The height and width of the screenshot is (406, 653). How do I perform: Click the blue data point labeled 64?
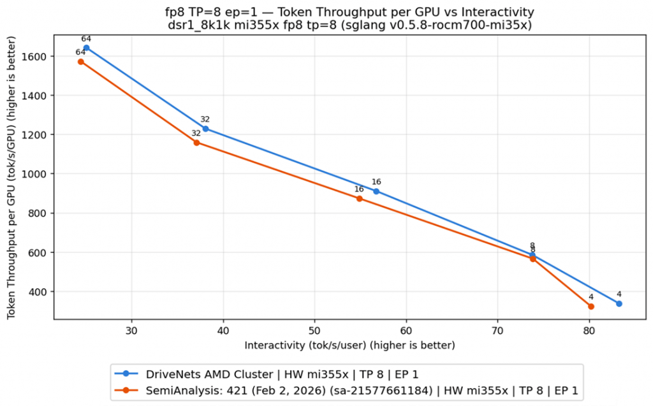click(87, 48)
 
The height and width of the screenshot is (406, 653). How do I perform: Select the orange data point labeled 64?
click(81, 62)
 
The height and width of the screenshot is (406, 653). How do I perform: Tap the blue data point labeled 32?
click(205, 129)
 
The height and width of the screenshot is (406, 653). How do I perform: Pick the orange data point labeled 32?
click(196, 143)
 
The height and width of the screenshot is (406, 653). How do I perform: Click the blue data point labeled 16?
click(376, 191)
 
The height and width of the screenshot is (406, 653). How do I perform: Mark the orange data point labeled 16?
click(359, 199)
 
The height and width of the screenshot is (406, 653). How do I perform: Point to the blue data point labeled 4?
click(619, 304)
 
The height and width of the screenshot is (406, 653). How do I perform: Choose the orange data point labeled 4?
click(591, 307)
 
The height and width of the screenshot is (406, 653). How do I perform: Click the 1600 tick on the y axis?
click(35, 57)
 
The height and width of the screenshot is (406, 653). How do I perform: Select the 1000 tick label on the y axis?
click(35, 174)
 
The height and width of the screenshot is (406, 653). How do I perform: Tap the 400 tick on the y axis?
click(38, 292)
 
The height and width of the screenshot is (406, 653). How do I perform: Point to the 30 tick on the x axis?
click(131, 330)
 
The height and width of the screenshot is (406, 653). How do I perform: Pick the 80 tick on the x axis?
click(589, 330)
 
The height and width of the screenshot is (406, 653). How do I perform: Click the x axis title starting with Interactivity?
click(349, 345)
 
